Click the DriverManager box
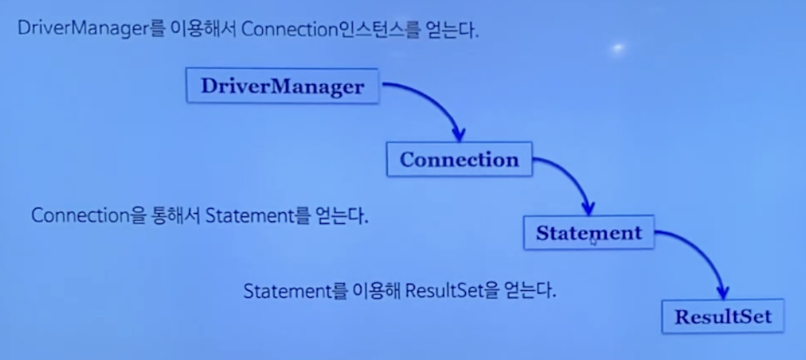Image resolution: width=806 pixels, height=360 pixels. pyautogui.click(x=282, y=86)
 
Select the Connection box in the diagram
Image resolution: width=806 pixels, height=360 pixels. pyautogui.click(x=459, y=159)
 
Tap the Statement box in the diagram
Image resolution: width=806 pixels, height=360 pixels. pyautogui.click(x=589, y=232)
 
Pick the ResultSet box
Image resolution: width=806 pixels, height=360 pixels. pyautogui.click(x=723, y=317)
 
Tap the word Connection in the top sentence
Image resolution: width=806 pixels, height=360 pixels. pyautogui.click(x=283, y=31)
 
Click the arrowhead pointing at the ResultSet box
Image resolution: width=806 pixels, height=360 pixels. pyautogui.click(x=723, y=292)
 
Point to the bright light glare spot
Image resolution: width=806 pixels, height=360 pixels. pyautogui.click(x=618, y=48)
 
